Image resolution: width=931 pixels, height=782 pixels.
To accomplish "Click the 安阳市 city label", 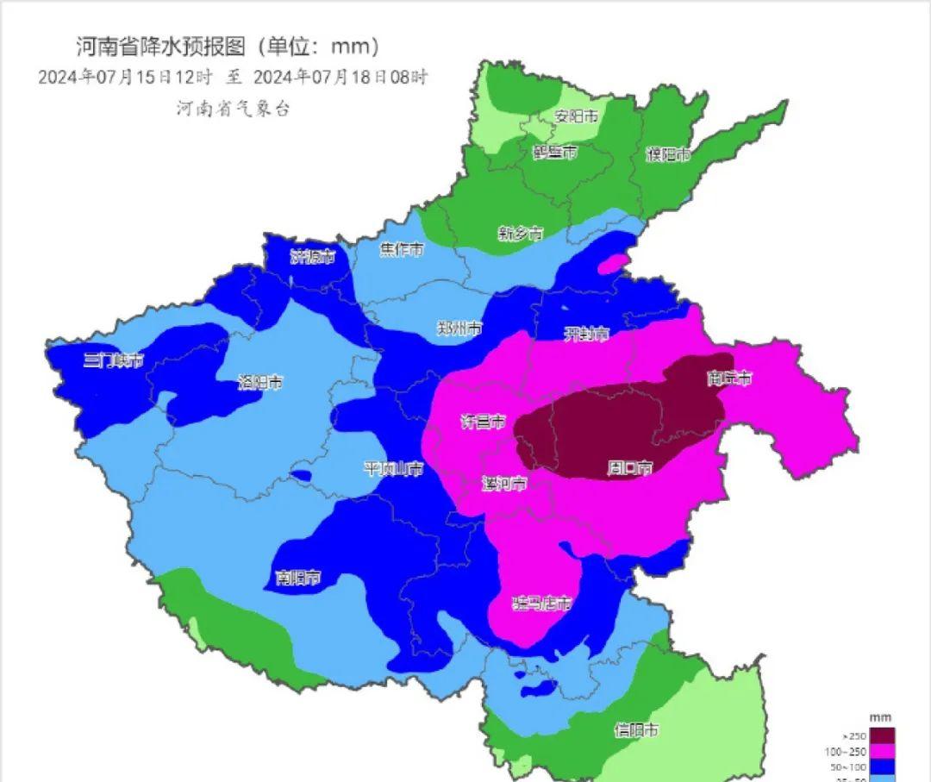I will (577, 116).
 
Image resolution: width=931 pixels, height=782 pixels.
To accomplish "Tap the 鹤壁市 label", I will (555, 152).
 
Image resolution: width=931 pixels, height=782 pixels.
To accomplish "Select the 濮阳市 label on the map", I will (669, 155).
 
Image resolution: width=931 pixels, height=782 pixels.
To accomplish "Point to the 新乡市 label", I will (521, 233).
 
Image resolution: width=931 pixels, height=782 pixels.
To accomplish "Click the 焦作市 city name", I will (402, 249).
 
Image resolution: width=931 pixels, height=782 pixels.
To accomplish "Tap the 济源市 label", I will (312, 256).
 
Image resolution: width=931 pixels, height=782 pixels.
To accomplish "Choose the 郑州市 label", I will (459, 328).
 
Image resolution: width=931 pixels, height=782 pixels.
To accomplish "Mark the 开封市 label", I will (586, 333).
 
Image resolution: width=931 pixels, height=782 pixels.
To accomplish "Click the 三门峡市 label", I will (113, 360).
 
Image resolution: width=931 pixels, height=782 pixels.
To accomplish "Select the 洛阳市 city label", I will (259, 382).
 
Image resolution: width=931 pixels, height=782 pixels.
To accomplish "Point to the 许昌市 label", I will (483, 422).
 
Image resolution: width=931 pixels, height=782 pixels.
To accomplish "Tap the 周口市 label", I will (630, 468).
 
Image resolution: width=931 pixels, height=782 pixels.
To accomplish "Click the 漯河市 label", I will (503, 484).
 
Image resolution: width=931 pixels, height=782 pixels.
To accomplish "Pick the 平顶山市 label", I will (393, 469).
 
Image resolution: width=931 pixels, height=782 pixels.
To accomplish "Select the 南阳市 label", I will (298, 577).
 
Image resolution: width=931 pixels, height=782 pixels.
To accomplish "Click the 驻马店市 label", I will (541, 604).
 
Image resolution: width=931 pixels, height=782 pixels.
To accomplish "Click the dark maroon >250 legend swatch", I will (882, 735).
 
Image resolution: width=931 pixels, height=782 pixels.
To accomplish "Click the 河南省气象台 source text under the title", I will (234, 109).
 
